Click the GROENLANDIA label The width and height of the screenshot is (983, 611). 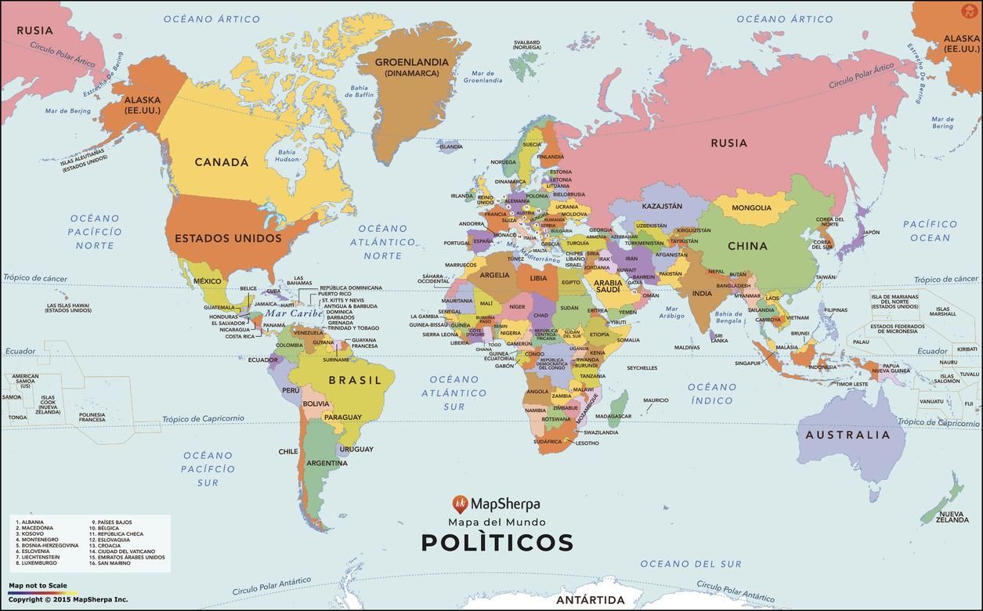411,62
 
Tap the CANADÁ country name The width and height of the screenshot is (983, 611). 221,162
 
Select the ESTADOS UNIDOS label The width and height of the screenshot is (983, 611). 228,238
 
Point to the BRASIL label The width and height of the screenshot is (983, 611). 355,380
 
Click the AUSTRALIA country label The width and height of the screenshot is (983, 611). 847,435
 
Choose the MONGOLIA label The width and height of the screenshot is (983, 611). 751,208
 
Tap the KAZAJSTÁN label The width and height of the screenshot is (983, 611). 662,206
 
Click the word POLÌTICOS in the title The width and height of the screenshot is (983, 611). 497,542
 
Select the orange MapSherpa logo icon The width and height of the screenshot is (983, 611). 461,504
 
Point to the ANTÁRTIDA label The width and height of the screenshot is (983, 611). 590,600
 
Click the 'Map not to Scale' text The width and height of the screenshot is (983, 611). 38,585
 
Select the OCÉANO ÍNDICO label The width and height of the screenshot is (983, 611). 711,393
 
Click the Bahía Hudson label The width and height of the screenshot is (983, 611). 287,156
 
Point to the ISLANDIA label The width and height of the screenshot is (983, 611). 450,146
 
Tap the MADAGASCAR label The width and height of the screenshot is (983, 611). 613,416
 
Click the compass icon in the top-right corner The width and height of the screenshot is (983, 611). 969,11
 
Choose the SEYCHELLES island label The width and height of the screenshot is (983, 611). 641,367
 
